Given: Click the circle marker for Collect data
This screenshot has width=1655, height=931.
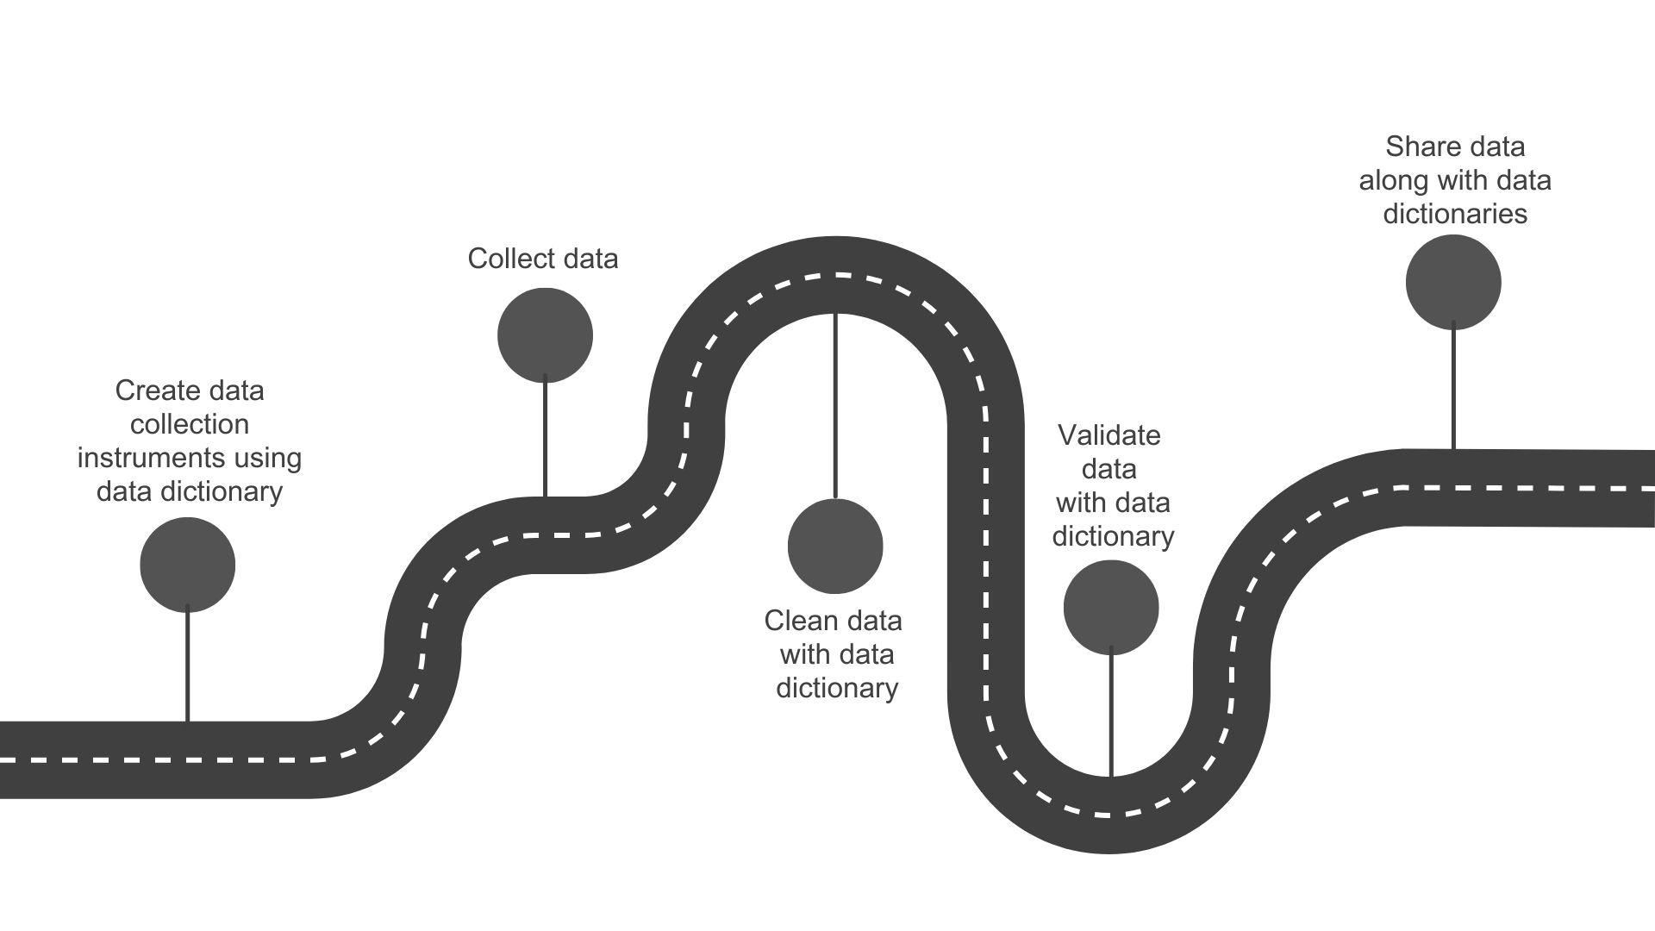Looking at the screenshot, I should pyautogui.click(x=545, y=335).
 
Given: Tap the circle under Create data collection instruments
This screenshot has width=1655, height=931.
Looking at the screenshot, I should pyautogui.click(x=187, y=565).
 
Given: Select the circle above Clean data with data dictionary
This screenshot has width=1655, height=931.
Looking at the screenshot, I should pyautogui.click(x=835, y=546).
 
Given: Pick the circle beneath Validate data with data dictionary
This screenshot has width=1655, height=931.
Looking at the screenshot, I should pyautogui.click(x=1111, y=608).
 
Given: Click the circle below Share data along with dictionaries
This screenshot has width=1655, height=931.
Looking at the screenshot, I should pyautogui.click(x=1453, y=282).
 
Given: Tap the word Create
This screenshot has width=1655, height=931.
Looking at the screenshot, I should pyautogui.click(x=152, y=391).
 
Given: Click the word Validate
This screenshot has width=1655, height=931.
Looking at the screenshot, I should pyautogui.click(x=1109, y=435).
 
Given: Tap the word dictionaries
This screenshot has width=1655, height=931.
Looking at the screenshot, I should pyautogui.click(x=1455, y=214).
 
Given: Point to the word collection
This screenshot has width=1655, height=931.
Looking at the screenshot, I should pyautogui.click(x=190, y=424).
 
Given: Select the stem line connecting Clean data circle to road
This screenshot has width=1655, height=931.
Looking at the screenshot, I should pyautogui.click(x=835, y=405).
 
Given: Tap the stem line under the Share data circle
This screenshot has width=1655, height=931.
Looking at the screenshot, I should pyautogui.click(x=1453, y=388).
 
